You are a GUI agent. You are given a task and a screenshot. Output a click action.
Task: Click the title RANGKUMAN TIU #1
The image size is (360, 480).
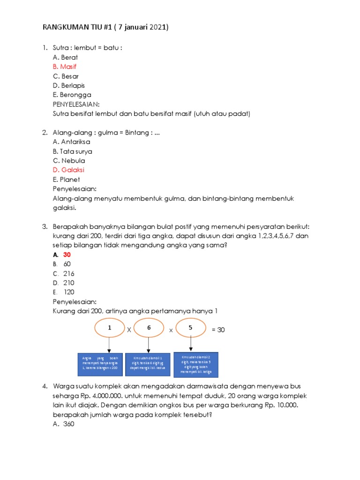pos(105,28)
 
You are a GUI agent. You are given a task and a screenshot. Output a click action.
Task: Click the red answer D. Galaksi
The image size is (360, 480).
pos(68,170)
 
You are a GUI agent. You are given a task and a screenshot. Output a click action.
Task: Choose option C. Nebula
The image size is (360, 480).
pos(69,160)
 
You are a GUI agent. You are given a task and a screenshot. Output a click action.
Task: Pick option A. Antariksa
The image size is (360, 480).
pos(71,142)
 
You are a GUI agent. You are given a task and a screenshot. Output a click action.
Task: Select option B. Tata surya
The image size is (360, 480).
pos(72,151)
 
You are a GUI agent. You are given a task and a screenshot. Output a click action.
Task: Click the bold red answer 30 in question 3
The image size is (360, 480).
pos(67,255)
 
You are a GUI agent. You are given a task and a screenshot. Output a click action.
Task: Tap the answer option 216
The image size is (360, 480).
pos(69,273)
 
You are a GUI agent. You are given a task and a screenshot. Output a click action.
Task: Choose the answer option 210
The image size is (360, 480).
pos(69,283)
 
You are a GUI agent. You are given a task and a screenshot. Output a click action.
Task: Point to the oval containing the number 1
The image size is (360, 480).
pos(109,329)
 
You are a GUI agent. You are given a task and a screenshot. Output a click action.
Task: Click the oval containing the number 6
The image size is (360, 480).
pos(149,329)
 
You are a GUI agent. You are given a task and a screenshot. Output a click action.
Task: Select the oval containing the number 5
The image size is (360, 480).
pos(190,328)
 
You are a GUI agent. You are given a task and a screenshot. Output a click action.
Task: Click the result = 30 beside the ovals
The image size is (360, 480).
pos(218,330)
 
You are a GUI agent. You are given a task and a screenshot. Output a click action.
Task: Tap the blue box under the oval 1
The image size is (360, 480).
pos(99,364)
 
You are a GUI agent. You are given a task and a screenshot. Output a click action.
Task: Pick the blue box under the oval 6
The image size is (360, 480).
pos(149,364)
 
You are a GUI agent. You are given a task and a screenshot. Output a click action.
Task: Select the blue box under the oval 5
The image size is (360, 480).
pos(196,364)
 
